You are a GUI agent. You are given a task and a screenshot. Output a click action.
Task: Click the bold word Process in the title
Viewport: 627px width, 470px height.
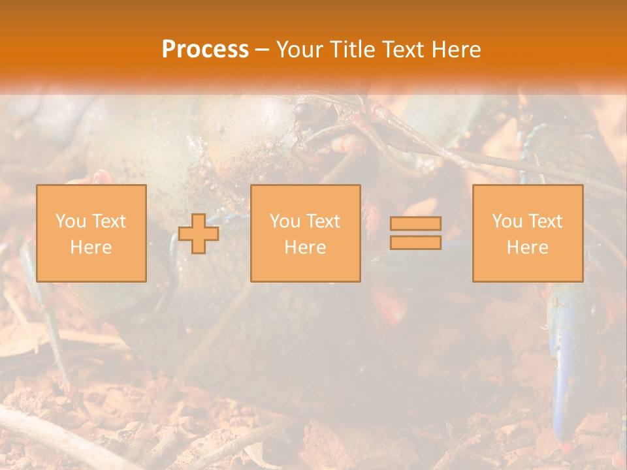point(205,50)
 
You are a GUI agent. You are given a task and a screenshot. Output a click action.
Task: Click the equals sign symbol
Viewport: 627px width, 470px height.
point(415,233)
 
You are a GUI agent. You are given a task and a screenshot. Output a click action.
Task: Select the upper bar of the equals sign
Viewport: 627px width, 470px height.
point(415,223)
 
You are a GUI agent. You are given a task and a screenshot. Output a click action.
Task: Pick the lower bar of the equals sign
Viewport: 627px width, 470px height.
point(415,243)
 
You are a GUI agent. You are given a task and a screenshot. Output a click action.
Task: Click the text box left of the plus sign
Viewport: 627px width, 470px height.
point(91,233)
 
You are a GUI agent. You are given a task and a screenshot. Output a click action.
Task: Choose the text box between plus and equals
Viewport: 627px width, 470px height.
point(306,233)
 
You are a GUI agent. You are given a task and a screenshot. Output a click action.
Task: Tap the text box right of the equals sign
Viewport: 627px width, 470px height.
point(528,233)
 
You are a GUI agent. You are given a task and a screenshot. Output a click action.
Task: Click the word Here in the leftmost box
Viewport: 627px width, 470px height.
point(91,247)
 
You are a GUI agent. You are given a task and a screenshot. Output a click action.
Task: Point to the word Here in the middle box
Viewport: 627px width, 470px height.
point(305,247)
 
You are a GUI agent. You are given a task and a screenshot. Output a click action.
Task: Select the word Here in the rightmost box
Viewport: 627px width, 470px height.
point(527,247)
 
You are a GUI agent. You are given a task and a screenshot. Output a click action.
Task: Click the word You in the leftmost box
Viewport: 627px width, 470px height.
point(71,221)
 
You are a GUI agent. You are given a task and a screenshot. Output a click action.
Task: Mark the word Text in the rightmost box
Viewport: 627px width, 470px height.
point(545,221)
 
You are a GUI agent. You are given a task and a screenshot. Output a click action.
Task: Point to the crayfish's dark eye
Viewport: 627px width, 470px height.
point(302,112)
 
